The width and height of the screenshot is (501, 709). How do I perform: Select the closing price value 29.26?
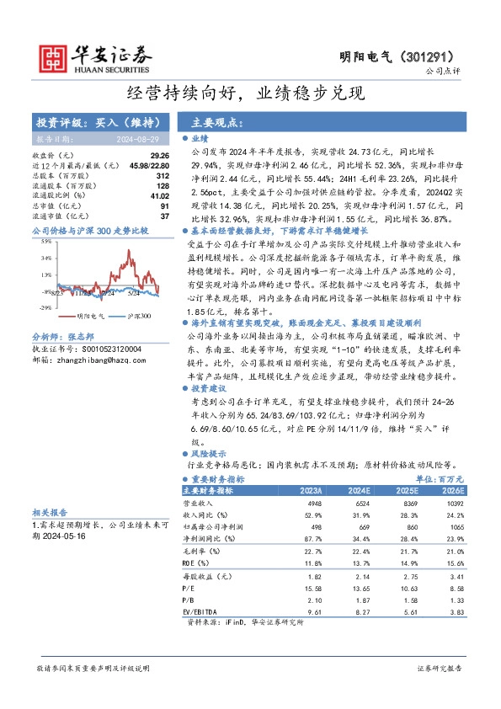coord(159,155)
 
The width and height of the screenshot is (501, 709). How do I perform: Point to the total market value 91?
coord(165,205)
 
